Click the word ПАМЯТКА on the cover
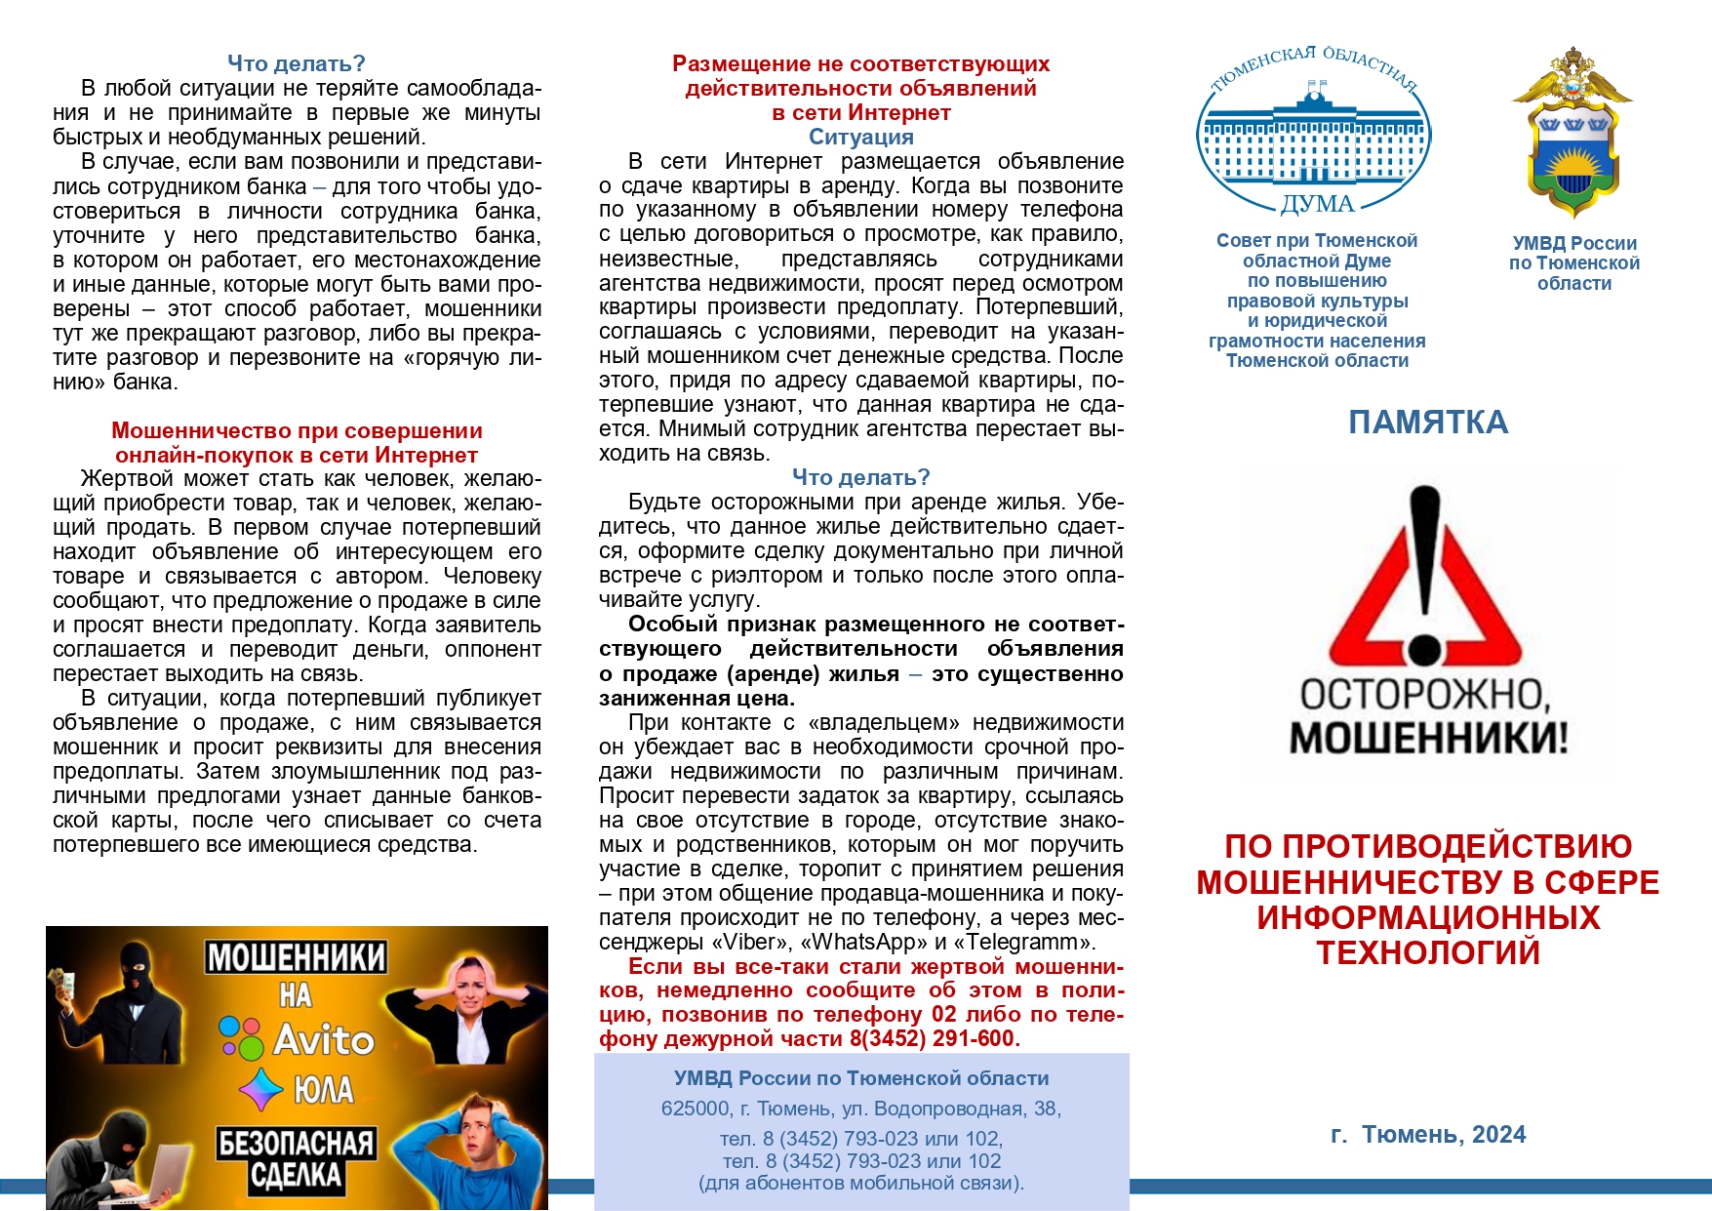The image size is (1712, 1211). pyautogui.click(x=1428, y=423)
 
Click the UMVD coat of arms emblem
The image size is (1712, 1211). pyautogui.click(x=1572, y=132)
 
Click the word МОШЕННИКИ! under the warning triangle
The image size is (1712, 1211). pyautogui.click(x=1429, y=739)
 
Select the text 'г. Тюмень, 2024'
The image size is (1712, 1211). pyautogui.click(x=1428, y=1134)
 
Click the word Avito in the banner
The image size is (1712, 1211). pyautogui.click(x=323, y=1040)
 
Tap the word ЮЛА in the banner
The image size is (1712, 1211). pyautogui.click(x=323, y=1090)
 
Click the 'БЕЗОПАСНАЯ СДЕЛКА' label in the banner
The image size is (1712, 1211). pyautogui.click(x=296, y=1159)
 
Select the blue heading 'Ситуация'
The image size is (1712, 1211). pyautogui.click(x=860, y=138)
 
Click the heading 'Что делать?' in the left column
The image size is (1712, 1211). pyautogui.click(x=296, y=63)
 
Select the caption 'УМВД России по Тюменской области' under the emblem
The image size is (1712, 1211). pyautogui.click(x=1573, y=263)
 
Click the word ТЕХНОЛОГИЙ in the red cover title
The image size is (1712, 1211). pyautogui.click(x=1428, y=953)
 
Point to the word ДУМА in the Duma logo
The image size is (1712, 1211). pyautogui.click(x=1317, y=204)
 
